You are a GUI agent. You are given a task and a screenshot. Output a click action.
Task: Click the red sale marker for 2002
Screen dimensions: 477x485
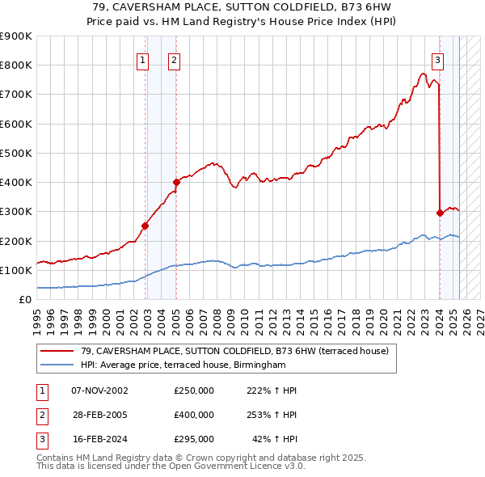[x=145, y=226]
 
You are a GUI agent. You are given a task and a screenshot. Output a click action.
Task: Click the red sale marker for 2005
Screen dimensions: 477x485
[x=176, y=182]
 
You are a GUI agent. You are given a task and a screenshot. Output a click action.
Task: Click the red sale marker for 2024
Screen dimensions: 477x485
[x=440, y=213]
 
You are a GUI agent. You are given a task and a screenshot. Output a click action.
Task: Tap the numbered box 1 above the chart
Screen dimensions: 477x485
[x=143, y=59]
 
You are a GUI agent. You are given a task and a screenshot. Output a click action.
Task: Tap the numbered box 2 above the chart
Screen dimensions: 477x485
[x=175, y=59]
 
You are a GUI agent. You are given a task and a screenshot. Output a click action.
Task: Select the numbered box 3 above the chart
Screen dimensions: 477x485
[x=437, y=59]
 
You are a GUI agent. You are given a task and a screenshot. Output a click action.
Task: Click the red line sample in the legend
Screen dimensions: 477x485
[x=58, y=351]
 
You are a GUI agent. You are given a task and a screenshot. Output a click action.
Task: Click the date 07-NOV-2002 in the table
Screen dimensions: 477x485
[x=99, y=390]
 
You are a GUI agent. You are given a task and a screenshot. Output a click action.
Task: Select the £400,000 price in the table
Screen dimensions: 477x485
[x=194, y=415]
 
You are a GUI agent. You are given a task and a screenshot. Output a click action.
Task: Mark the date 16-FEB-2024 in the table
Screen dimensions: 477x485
[x=99, y=439]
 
